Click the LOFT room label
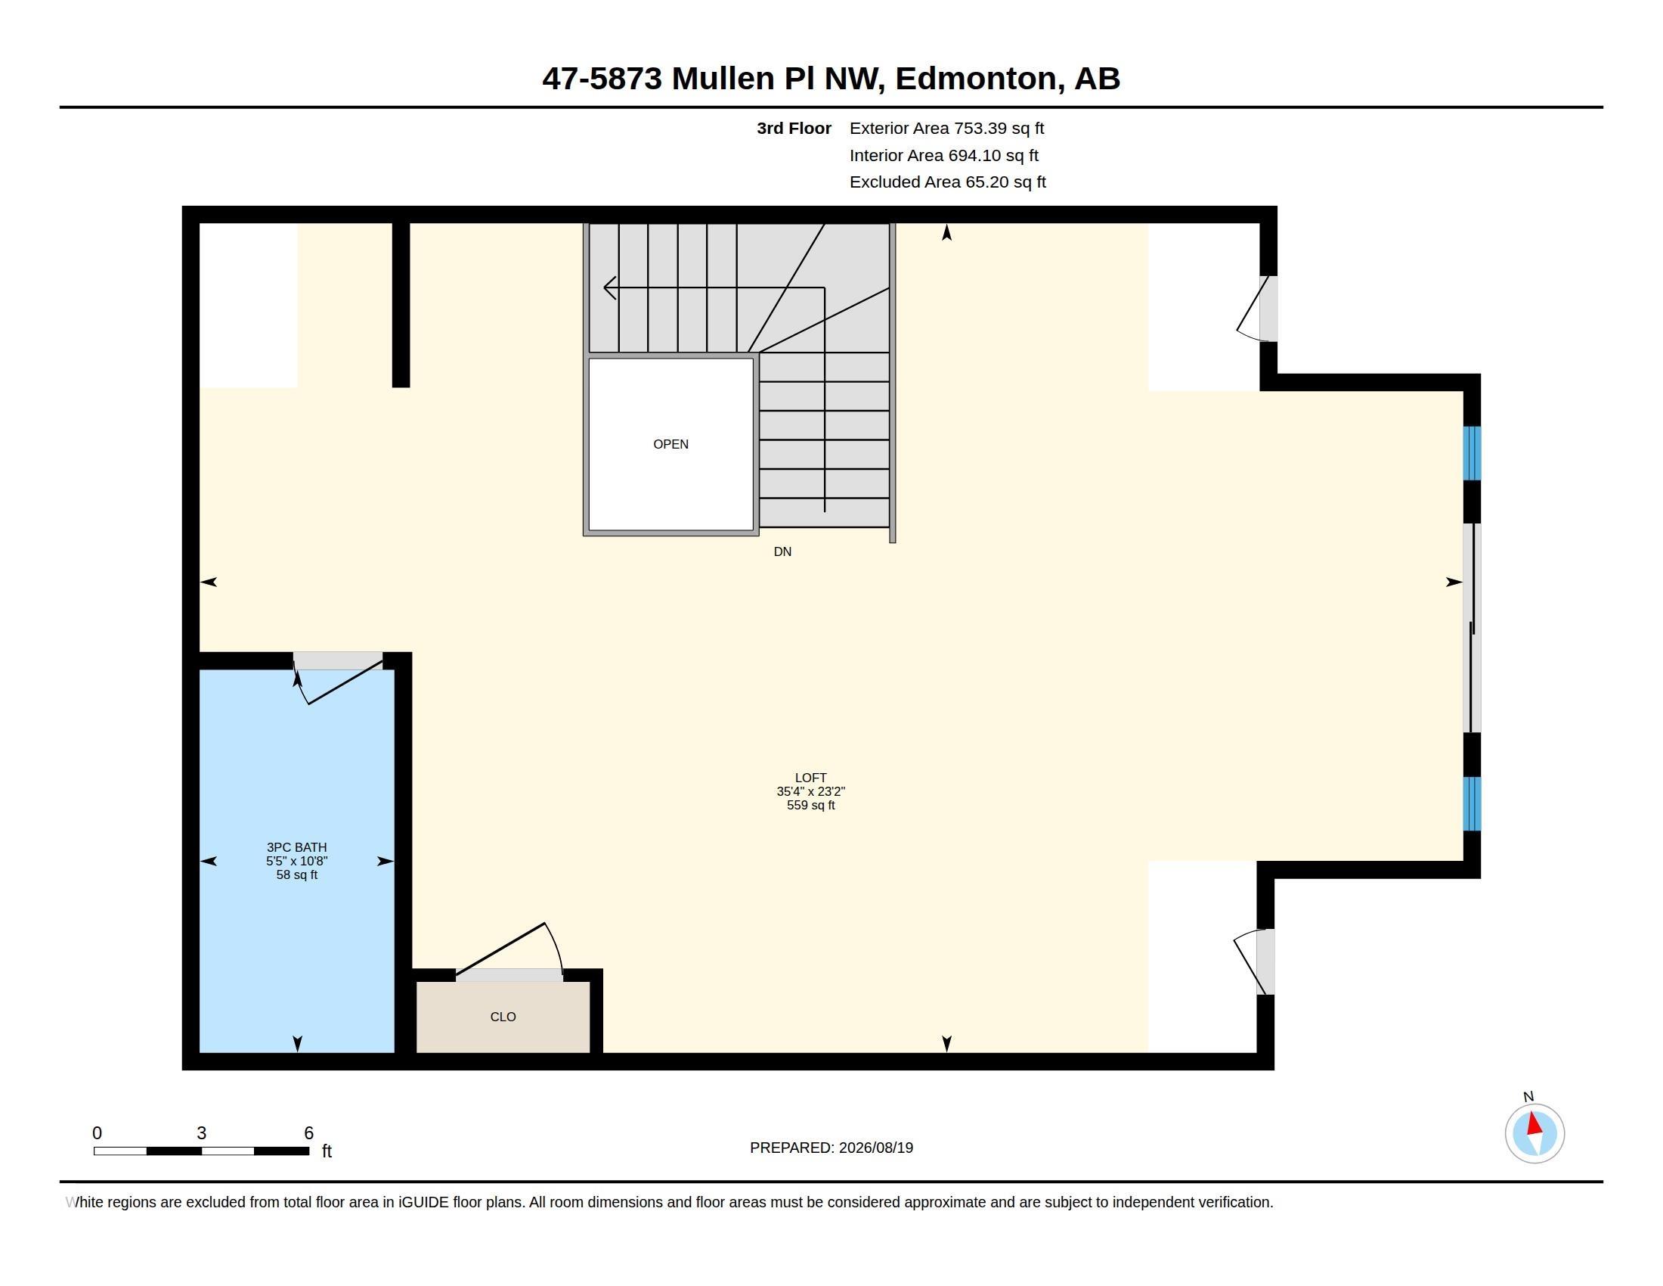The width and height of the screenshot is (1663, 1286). pyautogui.click(x=811, y=778)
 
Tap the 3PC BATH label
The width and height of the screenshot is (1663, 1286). pyautogui.click(x=297, y=847)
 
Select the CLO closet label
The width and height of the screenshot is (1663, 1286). pyautogui.click(x=503, y=1017)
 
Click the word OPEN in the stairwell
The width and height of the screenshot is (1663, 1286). pyautogui.click(x=670, y=444)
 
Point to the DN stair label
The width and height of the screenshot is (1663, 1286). pyautogui.click(x=783, y=551)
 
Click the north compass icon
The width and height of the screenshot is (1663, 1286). pyautogui.click(x=1534, y=1133)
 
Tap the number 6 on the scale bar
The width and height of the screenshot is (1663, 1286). pyautogui.click(x=308, y=1133)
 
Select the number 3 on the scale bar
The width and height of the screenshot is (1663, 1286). pyautogui.click(x=201, y=1133)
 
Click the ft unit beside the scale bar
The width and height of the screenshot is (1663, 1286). pyautogui.click(x=327, y=1151)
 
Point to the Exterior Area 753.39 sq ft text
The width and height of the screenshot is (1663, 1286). pyautogui.click(x=946, y=129)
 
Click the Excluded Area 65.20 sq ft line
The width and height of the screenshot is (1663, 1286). pyautogui.click(x=948, y=182)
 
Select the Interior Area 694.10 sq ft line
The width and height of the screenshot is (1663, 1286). pyautogui.click(x=944, y=155)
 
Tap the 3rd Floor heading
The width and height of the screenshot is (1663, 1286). pyautogui.click(x=794, y=129)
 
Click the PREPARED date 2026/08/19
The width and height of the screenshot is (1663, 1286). pyautogui.click(x=875, y=1148)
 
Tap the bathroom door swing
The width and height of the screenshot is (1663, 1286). pyautogui.click(x=339, y=680)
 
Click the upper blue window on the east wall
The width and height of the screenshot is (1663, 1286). pyautogui.click(x=1473, y=453)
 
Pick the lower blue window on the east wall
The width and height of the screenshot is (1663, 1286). pyautogui.click(x=1473, y=803)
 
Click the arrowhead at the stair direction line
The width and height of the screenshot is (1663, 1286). pyautogui.click(x=609, y=288)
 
